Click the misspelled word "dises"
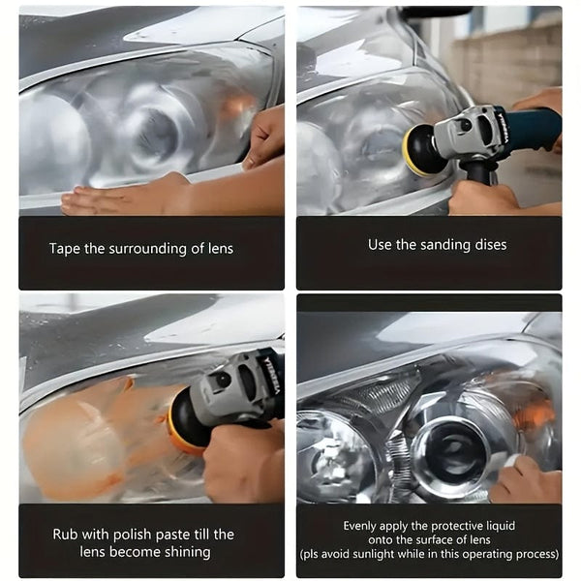[490, 245]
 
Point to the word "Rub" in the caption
[65, 535]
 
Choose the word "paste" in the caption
[172, 535]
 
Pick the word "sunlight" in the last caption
[374, 554]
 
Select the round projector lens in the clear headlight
[450, 450]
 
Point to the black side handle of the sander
[478, 173]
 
